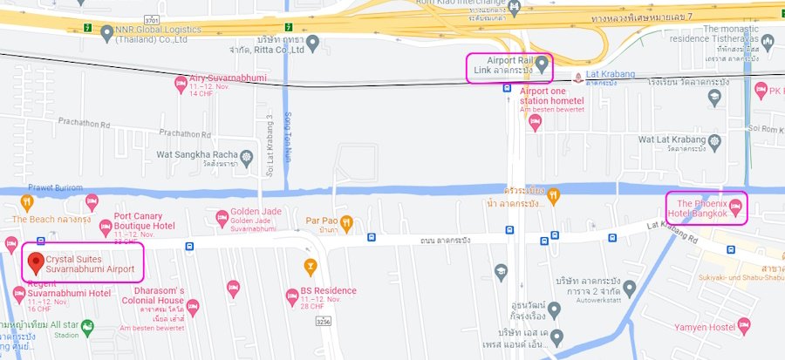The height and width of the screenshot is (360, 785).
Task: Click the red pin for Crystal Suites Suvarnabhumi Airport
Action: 36,261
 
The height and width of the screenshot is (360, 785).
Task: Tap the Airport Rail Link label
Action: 504,64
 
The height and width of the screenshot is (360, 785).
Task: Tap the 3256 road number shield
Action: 322,322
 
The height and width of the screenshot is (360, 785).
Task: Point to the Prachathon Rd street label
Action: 187,134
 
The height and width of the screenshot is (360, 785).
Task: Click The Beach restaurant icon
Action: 27,203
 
